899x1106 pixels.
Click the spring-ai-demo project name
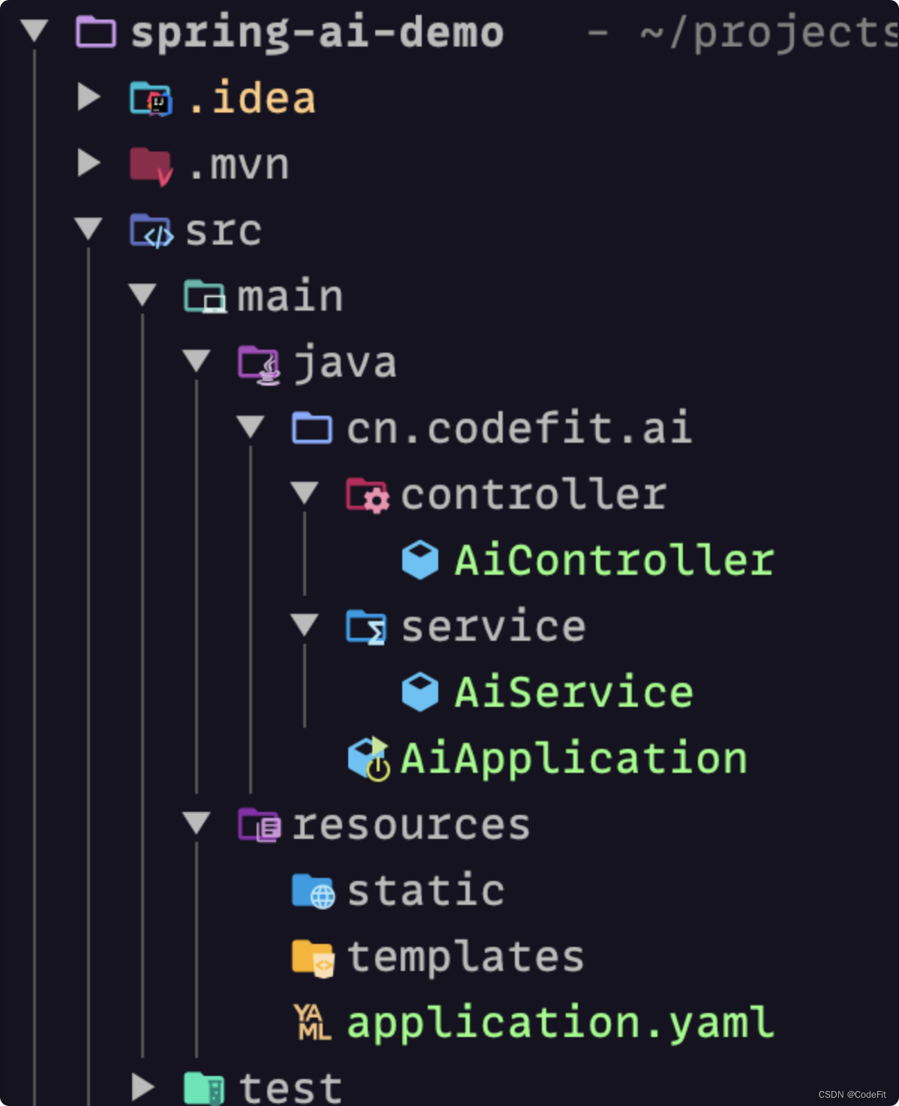coord(317,33)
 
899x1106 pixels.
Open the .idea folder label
coord(251,99)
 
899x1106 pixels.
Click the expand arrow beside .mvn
coord(89,164)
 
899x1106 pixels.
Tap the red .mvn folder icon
coord(150,165)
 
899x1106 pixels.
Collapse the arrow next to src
coord(89,228)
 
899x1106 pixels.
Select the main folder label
coord(290,296)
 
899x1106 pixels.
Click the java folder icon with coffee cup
coord(258,364)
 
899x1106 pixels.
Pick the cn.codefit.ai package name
coord(519,428)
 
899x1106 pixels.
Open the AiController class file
coord(614,561)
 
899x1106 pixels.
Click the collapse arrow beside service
coord(304,624)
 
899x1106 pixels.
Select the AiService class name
coord(573,692)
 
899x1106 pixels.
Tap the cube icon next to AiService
coord(420,692)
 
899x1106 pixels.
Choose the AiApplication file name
coord(573,758)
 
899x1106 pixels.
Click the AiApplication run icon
coord(368,758)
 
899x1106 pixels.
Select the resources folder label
coord(410,825)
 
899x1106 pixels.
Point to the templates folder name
coord(465,957)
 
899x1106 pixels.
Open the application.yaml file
coord(560,1023)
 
